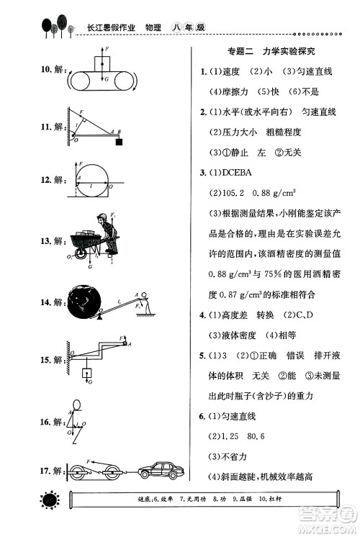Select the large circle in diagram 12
96,180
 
